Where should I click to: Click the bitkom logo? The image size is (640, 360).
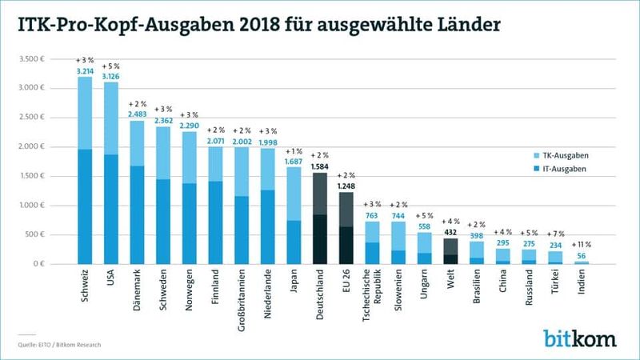582,338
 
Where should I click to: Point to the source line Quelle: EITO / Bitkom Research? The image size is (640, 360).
61,345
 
